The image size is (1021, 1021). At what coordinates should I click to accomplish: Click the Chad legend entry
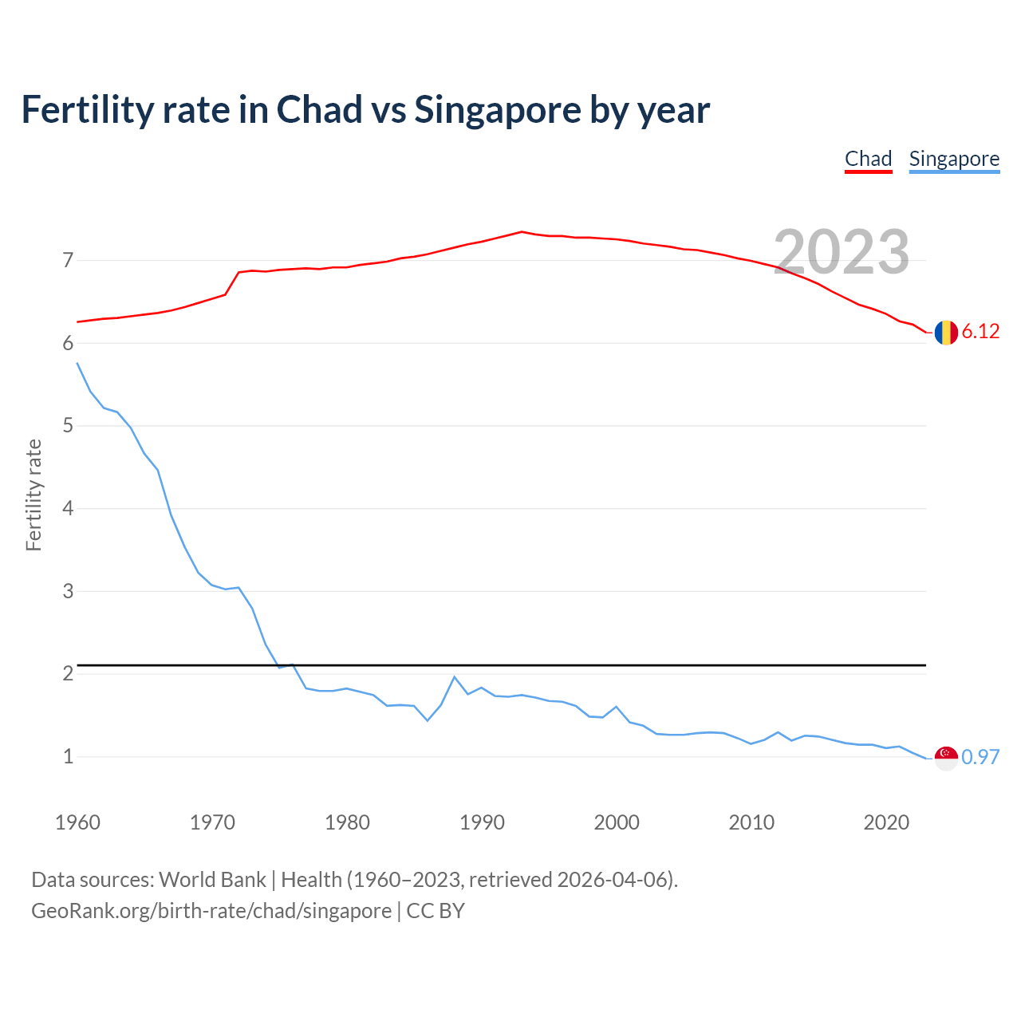point(868,159)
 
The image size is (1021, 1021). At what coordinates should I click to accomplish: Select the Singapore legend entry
point(954,159)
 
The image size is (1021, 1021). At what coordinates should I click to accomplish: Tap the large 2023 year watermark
point(842,252)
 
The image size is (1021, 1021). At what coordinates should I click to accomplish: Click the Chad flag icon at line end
point(946,332)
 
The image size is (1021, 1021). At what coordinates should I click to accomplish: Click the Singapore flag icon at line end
point(946,758)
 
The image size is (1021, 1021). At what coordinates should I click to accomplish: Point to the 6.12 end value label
point(980,332)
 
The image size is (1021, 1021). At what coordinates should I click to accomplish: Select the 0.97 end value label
point(980,758)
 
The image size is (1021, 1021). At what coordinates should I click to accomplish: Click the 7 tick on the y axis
point(68,260)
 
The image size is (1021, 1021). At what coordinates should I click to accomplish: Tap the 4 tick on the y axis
point(68,508)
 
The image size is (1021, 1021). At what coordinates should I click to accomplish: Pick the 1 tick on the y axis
point(68,756)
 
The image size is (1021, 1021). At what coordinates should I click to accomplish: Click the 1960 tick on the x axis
point(77,822)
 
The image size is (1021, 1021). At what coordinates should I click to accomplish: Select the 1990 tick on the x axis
point(482,822)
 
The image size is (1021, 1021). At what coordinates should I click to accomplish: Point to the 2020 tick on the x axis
point(886,822)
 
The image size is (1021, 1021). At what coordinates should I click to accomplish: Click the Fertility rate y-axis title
point(34,495)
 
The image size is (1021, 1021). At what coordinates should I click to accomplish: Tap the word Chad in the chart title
point(319,109)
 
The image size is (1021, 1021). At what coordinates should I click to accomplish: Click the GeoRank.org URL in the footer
point(211,911)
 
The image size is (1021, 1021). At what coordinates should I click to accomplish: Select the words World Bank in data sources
point(212,880)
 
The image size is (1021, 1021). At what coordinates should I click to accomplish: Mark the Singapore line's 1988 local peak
point(455,677)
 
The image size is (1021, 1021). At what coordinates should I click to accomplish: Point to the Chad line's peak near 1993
point(522,231)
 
